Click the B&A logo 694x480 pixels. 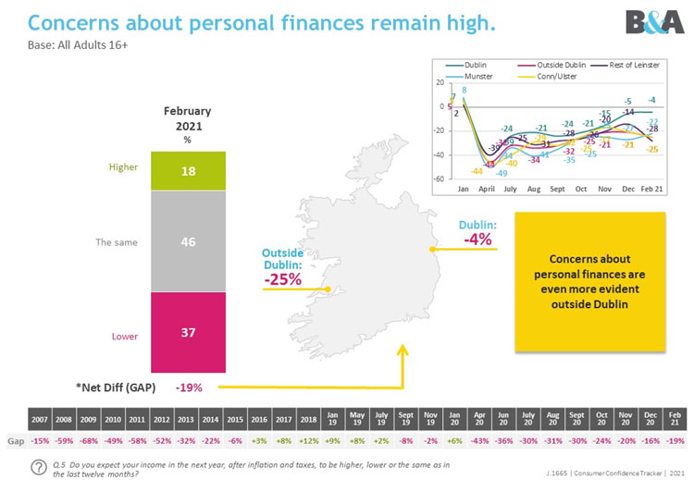tap(654, 22)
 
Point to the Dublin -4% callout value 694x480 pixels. tap(478, 240)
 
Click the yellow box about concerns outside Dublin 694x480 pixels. tap(590, 281)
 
